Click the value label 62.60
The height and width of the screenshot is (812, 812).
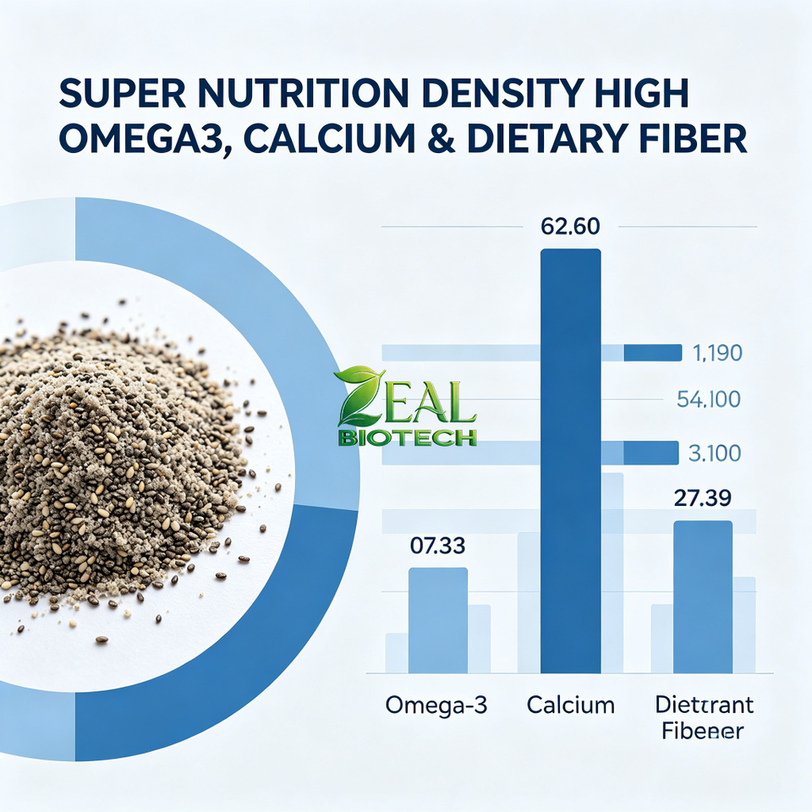(x=569, y=227)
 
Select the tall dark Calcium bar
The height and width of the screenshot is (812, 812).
(x=570, y=461)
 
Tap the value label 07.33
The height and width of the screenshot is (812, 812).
(x=437, y=546)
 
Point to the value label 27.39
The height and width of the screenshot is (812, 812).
(x=703, y=497)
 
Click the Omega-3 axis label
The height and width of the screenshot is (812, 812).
(x=436, y=705)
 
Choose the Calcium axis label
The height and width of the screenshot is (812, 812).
(x=571, y=705)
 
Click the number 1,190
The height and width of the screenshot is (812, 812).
(x=717, y=353)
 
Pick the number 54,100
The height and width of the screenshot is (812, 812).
(x=709, y=399)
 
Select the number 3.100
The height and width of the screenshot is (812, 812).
(x=715, y=453)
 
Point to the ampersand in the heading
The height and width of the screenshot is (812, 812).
(x=442, y=138)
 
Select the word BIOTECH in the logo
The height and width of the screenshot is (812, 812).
(x=407, y=438)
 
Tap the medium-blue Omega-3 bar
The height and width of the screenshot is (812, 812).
(x=438, y=620)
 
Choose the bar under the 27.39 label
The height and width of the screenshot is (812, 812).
(x=703, y=597)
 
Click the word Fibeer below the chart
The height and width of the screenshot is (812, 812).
(x=703, y=731)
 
